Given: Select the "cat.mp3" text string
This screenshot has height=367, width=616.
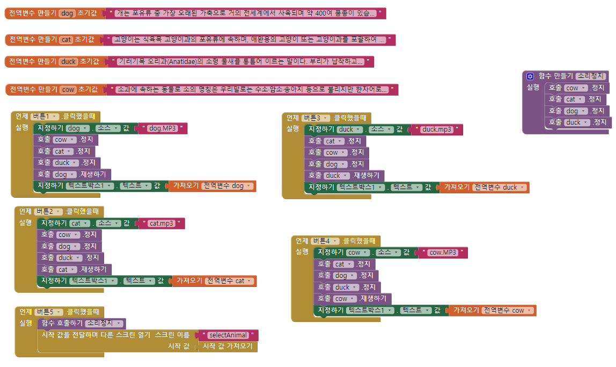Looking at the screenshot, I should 161,224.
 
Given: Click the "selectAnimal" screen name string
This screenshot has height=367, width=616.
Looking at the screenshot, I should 228,335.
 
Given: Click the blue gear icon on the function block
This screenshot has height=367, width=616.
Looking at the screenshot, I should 530,76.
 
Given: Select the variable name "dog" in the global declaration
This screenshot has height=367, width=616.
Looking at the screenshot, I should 68,13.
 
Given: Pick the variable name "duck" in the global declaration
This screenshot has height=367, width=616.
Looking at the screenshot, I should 69,62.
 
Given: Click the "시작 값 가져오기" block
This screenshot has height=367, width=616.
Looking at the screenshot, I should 228,347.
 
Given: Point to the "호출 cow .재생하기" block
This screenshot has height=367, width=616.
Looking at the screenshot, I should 354,299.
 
